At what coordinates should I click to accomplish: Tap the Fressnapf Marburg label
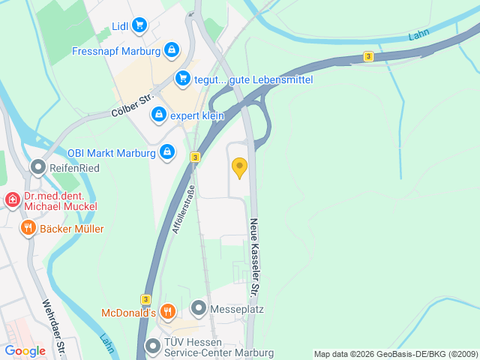click(x=116, y=52)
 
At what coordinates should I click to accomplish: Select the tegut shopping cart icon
click(x=183, y=78)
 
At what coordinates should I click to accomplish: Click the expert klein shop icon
click(x=158, y=115)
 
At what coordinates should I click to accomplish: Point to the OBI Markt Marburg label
click(x=111, y=153)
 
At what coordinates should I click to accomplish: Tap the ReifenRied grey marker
click(x=37, y=166)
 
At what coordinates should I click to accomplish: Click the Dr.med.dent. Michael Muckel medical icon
click(x=13, y=199)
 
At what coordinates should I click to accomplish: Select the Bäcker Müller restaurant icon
click(x=28, y=228)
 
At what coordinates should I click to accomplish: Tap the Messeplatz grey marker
click(x=198, y=307)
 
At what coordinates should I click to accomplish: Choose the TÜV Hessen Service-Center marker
click(x=153, y=346)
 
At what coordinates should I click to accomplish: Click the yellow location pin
click(x=239, y=167)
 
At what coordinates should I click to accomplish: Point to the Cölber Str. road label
click(x=131, y=105)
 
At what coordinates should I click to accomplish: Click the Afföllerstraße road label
click(x=183, y=209)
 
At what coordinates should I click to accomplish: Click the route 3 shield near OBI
click(x=195, y=157)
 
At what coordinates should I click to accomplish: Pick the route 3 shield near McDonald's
click(x=145, y=298)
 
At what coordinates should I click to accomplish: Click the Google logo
click(x=25, y=350)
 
